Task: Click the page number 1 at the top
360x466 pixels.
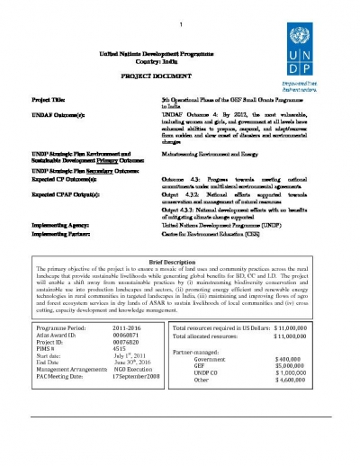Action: (x=180, y=22)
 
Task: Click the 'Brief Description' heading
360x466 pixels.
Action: (x=179, y=258)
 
